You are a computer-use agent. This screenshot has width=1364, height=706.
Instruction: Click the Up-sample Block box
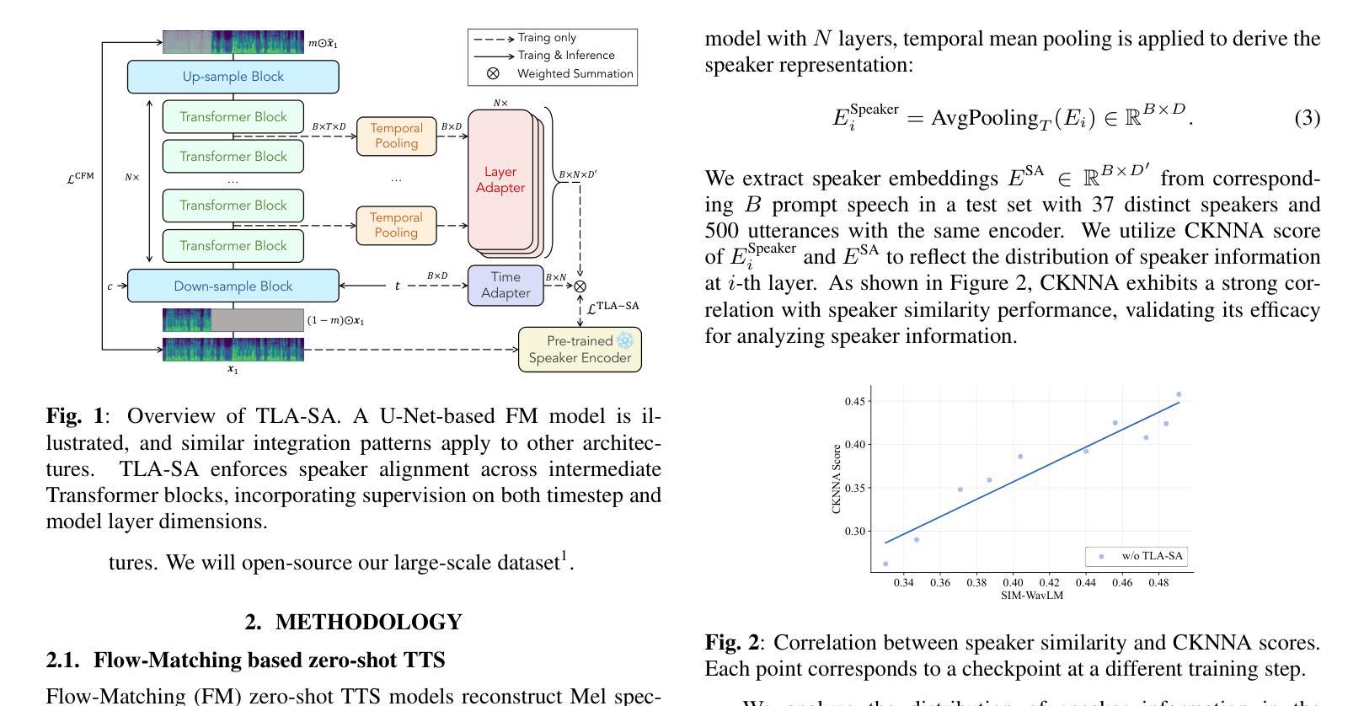pos(233,77)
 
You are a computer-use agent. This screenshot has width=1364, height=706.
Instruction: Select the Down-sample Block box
pos(233,286)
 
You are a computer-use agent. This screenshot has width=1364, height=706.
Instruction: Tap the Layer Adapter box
pos(500,179)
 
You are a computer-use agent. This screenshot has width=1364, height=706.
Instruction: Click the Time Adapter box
pos(505,285)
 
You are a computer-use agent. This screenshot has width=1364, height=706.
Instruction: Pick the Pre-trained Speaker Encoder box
pos(580,350)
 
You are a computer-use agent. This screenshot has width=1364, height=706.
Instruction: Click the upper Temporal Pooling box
pos(396,136)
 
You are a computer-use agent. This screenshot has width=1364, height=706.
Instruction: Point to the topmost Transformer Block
pos(233,117)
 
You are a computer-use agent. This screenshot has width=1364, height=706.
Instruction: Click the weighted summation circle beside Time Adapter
pos(580,286)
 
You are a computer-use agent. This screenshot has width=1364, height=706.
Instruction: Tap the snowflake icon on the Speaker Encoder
pos(624,340)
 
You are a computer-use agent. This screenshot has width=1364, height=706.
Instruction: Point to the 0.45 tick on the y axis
pos(855,401)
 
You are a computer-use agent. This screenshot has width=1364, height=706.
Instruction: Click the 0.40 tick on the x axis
pos(1013,582)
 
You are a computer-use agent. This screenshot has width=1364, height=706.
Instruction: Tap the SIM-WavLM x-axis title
pos(1031,596)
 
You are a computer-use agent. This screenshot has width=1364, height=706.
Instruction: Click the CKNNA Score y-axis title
pos(837,479)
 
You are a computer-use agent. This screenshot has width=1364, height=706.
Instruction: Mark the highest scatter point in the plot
pos(1179,394)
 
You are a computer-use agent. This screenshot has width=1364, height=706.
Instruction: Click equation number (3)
pos(1307,118)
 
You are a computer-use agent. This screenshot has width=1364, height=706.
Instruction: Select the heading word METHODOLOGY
pos(368,622)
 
